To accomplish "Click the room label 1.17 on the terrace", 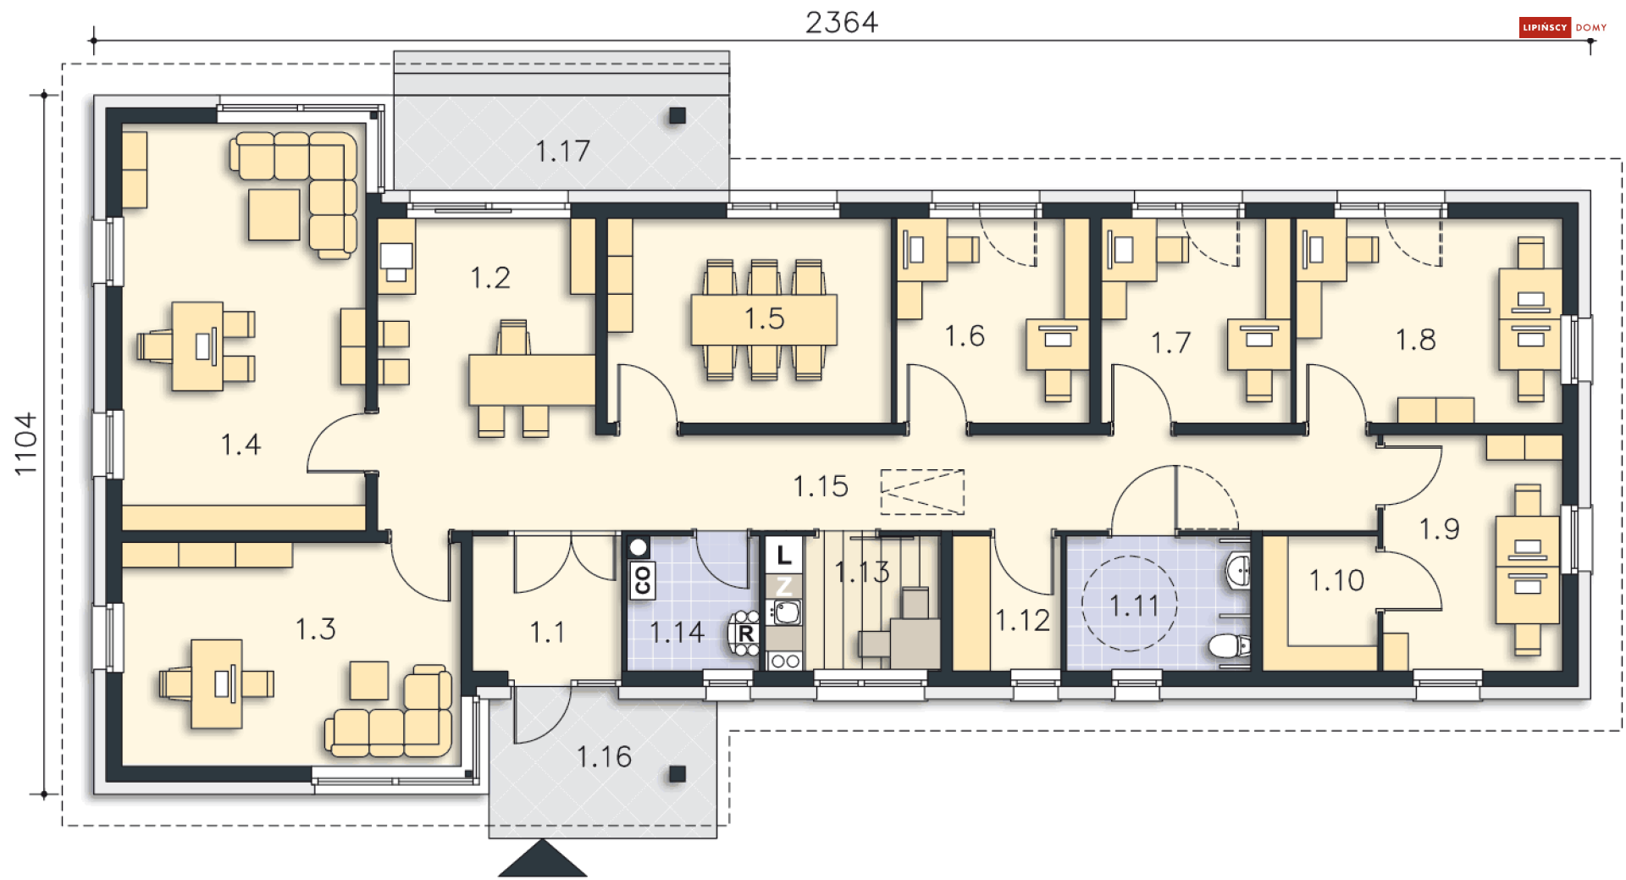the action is tap(562, 151).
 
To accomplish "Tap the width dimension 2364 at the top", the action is tap(842, 22).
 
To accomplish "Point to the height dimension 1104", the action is tap(25, 444).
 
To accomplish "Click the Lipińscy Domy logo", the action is tap(1563, 27).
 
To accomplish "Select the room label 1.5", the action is tap(764, 318).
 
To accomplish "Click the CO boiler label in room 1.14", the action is tap(642, 579).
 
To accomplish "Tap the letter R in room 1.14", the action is tap(746, 634).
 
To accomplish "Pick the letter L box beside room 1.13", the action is tap(783, 555).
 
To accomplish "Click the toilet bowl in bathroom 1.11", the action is tap(1229, 647).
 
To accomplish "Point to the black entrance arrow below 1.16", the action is tap(542, 858).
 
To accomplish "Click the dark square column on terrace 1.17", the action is tap(677, 115).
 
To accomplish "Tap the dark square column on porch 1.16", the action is tap(677, 773).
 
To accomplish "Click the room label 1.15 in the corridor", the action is tap(820, 486).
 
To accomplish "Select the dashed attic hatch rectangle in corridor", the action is tap(922, 492).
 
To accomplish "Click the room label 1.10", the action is tap(1336, 580).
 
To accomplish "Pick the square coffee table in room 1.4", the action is tap(274, 214).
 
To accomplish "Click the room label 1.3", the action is tap(315, 628).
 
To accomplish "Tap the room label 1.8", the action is tap(1415, 340).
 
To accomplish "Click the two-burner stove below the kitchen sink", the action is tap(784, 661).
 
